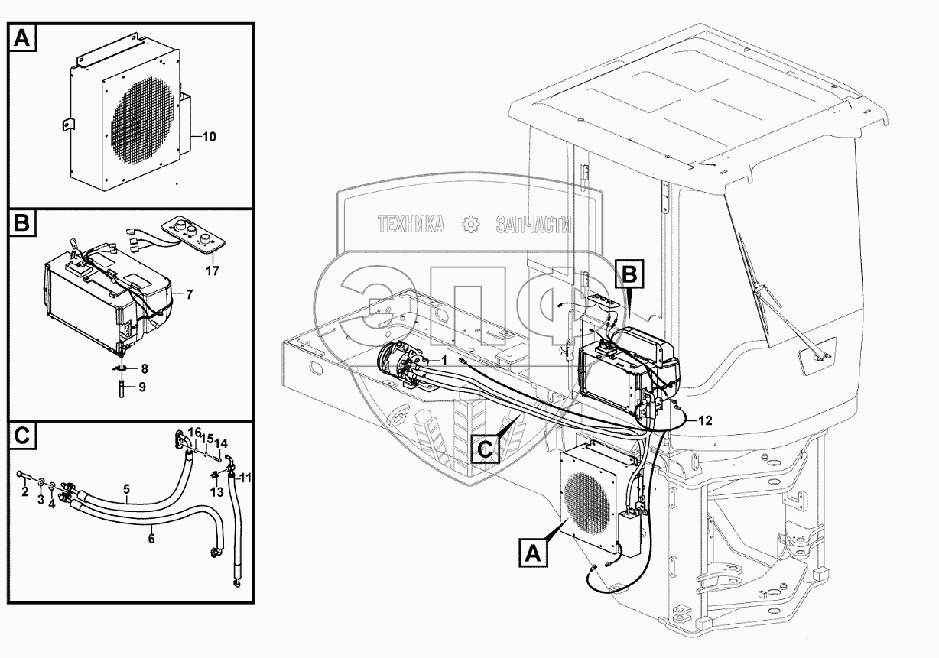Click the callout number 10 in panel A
[209, 137]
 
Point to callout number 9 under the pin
[142, 387]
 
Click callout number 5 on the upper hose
[126, 488]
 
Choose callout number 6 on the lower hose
[151, 538]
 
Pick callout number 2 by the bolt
[24, 491]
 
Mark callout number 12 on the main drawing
[704, 420]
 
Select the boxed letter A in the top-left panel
[23, 38]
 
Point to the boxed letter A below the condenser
[534, 552]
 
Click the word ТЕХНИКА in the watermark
[411, 223]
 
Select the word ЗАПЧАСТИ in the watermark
[534, 223]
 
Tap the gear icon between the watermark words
[470, 223]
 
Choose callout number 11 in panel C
[245, 478]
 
